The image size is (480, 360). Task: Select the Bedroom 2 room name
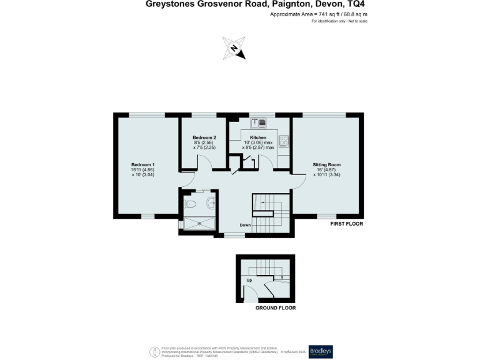(x=204, y=137)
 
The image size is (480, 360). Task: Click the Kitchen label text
(x=258, y=137)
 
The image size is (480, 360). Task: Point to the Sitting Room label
(x=326, y=164)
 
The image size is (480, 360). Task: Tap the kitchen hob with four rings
(x=284, y=141)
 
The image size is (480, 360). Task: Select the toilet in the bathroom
(x=191, y=204)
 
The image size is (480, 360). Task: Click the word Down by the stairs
(x=246, y=225)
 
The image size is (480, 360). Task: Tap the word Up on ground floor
(x=248, y=280)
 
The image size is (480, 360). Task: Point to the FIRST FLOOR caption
(x=347, y=223)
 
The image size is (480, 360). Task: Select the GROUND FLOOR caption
(x=276, y=308)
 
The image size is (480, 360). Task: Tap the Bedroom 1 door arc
(x=186, y=180)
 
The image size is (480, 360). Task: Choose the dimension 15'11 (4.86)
(x=143, y=169)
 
